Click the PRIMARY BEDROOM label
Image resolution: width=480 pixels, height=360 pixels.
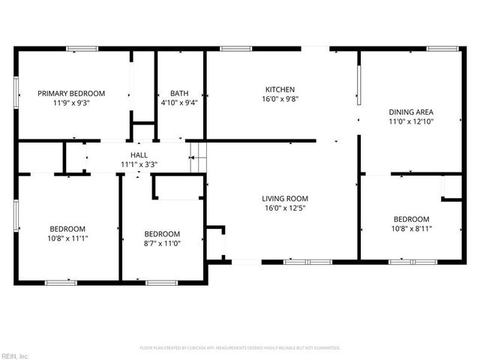click(x=71, y=94)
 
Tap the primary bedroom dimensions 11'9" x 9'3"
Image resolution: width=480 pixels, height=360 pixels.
click(x=71, y=104)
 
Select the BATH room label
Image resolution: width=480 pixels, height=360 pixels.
click(x=179, y=94)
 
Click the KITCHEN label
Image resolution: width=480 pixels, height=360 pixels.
click(x=279, y=88)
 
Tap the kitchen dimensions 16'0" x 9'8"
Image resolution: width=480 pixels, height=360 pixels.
click(x=279, y=99)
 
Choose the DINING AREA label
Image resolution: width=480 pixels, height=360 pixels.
click(x=411, y=112)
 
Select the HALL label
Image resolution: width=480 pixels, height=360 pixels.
click(x=138, y=155)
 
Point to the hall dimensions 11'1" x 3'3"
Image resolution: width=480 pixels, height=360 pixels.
click(x=138, y=165)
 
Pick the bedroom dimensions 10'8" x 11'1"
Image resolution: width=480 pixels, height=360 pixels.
click(x=67, y=239)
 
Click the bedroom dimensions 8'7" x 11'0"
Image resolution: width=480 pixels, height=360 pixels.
click(x=162, y=243)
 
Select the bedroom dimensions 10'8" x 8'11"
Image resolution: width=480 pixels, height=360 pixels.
click(x=412, y=229)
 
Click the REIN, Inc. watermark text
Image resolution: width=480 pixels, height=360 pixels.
click(x=14, y=355)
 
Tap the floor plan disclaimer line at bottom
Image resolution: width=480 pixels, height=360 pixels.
click(x=240, y=348)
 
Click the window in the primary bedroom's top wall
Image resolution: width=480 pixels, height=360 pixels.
click(x=82, y=49)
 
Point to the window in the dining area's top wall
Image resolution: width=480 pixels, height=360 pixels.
click(x=441, y=49)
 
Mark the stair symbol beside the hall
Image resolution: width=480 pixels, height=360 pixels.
click(x=196, y=157)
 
